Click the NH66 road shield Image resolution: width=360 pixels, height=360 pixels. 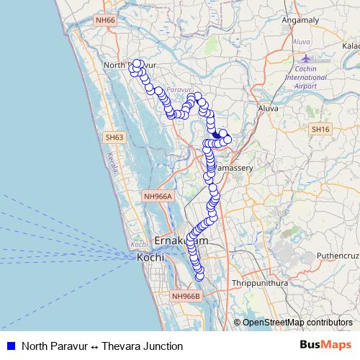(106, 21)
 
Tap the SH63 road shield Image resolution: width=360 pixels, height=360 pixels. (114, 137)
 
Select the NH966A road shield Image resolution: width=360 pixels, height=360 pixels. (158, 195)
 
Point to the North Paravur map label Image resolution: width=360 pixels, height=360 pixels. (130, 65)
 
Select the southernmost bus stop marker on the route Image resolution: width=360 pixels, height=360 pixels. (199, 272)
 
